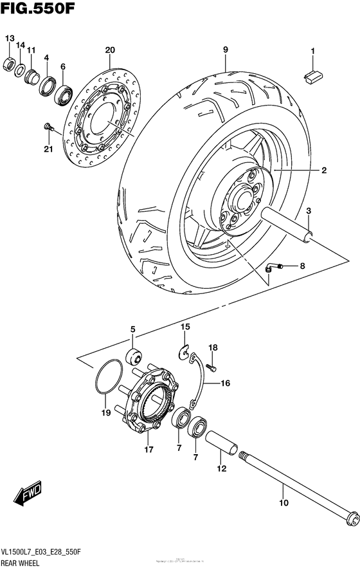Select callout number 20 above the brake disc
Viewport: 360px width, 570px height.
[x=109, y=50]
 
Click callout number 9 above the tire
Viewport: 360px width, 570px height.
[x=226, y=50]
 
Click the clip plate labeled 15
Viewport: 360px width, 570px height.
[x=184, y=351]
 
